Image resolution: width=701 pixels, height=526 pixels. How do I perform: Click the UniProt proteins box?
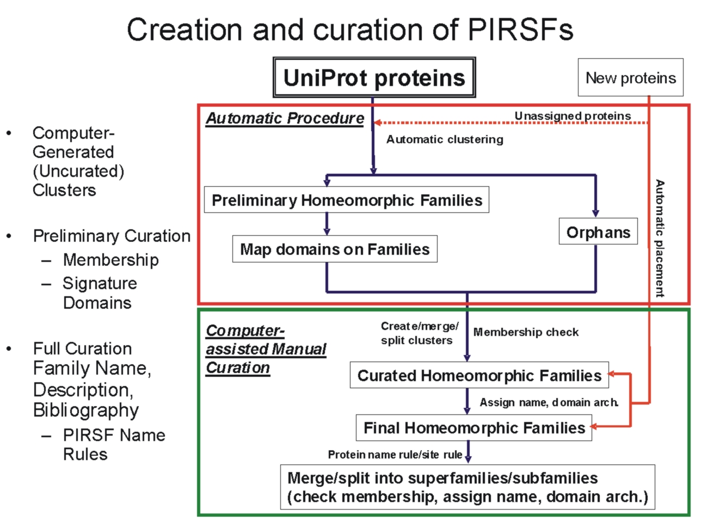pyautogui.click(x=374, y=77)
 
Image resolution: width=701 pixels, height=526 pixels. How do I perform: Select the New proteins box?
pyautogui.click(x=630, y=77)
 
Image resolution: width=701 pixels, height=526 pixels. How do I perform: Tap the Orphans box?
pyautogui.click(x=598, y=232)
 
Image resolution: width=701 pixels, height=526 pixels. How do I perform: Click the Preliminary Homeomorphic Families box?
pyautogui.click(x=347, y=200)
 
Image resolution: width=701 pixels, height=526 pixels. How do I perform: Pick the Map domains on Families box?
pyautogui.click(x=335, y=249)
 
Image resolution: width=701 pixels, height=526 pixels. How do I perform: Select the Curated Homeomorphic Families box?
pyautogui.click(x=479, y=375)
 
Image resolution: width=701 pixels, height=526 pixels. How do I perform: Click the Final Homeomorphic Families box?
pyautogui.click(x=474, y=427)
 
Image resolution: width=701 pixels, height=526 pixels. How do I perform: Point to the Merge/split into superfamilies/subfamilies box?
pyautogui.click(x=467, y=487)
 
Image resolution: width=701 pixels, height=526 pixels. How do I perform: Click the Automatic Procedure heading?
pyautogui.click(x=285, y=118)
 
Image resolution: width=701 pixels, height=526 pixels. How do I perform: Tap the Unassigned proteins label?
pyautogui.click(x=573, y=115)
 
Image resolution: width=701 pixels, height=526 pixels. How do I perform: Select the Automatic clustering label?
pyautogui.click(x=445, y=139)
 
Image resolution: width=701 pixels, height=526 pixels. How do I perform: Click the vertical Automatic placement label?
pyautogui.click(x=660, y=238)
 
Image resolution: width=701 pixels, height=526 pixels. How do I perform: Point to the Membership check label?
pyautogui.click(x=526, y=332)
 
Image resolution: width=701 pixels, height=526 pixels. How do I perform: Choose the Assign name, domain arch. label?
pyautogui.click(x=549, y=402)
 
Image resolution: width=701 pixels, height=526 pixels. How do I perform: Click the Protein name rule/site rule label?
pyautogui.click(x=395, y=454)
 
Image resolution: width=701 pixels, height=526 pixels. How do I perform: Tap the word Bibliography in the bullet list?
pyautogui.click(x=86, y=410)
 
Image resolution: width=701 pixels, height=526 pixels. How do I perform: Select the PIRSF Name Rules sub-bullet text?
pyautogui.click(x=113, y=444)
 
